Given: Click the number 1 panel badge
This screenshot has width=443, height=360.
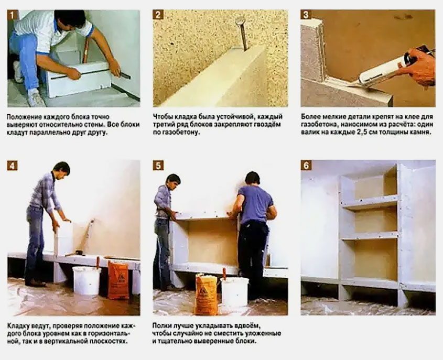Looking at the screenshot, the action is (13, 15).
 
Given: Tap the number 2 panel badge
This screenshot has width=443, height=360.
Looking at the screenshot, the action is (158, 15).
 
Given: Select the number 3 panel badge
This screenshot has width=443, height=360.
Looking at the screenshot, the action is (306, 15).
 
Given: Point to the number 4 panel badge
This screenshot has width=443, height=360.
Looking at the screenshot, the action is (13, 166).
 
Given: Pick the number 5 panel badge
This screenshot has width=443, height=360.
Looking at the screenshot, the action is (158, 166).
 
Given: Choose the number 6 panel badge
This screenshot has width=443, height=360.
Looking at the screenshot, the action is (306, 166).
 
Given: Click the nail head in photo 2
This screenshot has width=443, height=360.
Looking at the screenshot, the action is (241, 20).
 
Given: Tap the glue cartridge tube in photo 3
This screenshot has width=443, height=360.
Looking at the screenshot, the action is (382, 71).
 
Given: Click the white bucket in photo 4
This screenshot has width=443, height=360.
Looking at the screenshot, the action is (87, 280).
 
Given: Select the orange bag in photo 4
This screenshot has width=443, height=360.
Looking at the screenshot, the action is (118, 280).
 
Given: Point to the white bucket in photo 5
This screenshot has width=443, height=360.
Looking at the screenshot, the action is (235, 291).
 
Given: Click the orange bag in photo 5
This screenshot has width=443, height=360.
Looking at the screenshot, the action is (206, 295).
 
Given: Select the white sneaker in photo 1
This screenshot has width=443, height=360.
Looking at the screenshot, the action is (35, 99).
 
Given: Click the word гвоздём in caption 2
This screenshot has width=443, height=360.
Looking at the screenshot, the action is (267, 124).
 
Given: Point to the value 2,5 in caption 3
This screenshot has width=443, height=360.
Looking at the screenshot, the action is (363, 132).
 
